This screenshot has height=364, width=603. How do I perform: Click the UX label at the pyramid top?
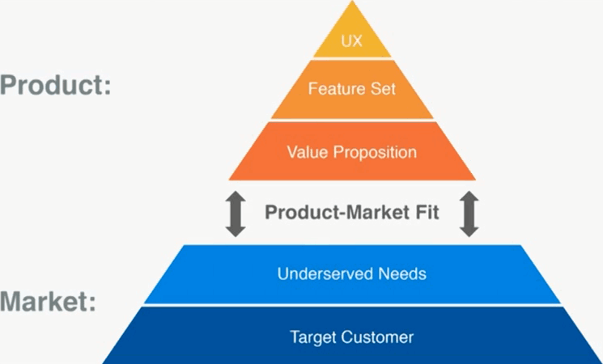point(352,41)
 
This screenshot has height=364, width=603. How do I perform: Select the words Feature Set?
point(352,88)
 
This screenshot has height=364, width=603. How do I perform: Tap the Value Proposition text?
point(352,151)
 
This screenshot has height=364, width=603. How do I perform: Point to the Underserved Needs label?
point(352,273)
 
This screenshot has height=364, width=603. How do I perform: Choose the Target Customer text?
point(352,336)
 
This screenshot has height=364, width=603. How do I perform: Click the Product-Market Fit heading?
point(352,213)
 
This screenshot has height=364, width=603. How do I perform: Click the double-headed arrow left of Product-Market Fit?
point(236,214)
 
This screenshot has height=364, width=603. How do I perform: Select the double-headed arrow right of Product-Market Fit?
point(469,214)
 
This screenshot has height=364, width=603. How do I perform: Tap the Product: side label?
point(55,85)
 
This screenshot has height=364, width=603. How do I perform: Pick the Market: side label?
point(49,303)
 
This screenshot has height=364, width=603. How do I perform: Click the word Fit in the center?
point(426,213)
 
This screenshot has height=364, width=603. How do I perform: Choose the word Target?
point(312,336)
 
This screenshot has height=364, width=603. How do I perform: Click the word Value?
point(304,151)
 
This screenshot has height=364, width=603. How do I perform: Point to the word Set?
point(383,88)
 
